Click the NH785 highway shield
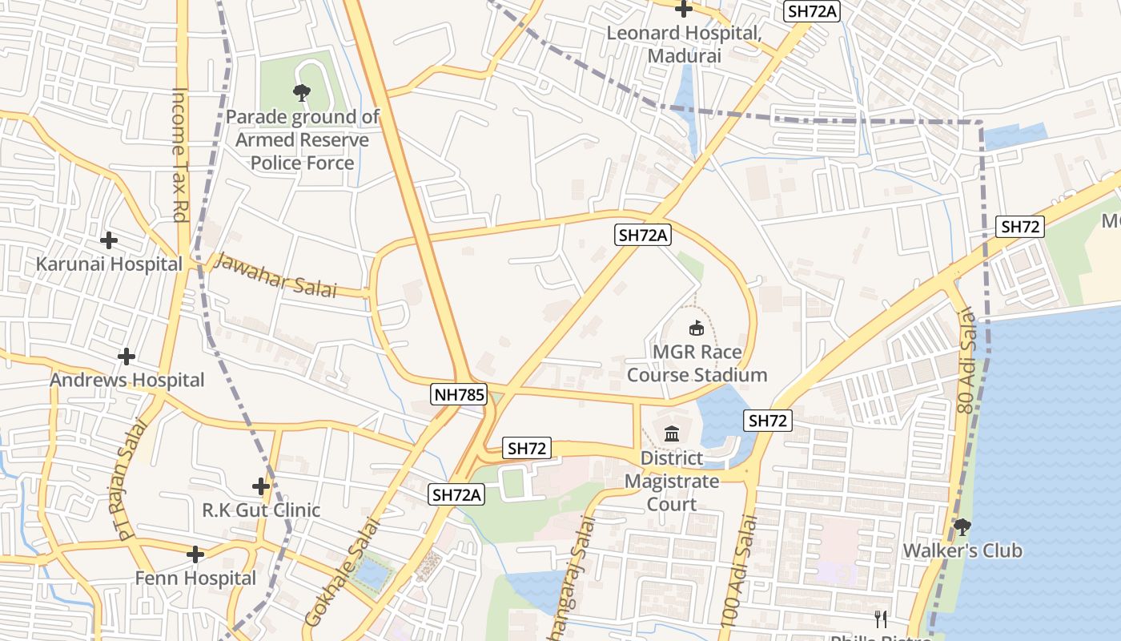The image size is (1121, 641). (x=458, y=393)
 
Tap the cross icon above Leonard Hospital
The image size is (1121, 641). (x=683, y=10)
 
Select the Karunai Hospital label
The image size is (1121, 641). (x=109, y=264)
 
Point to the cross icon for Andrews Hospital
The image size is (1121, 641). (x=127, y=356)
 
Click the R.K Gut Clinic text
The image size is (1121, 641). (x=261, y=510)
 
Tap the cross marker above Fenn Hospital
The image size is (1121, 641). (x=195, y=554)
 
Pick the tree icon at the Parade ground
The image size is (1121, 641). (x=302, y=93)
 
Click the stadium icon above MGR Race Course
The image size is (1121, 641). (x=697, y=328)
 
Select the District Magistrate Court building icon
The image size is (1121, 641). (x=672, y=434)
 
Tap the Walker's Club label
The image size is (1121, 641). (x=962, y=550)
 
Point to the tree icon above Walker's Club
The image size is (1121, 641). (x=962, y=526)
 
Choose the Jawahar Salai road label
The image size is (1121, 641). (x=276, y=275)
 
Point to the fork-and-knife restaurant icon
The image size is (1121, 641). (x=881, y=619)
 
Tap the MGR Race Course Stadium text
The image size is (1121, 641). (x=697, y=364)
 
